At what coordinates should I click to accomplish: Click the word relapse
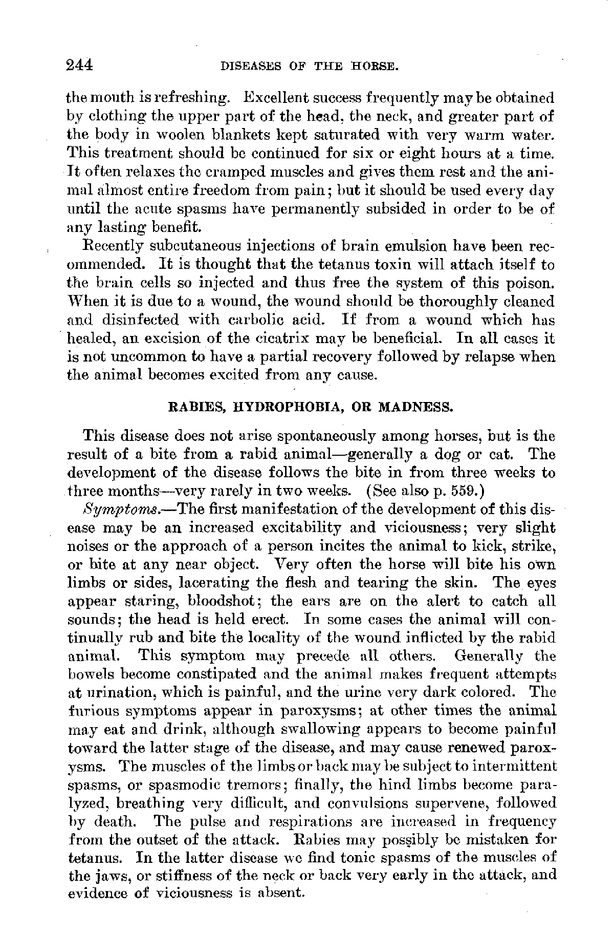[x=489, y=357]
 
